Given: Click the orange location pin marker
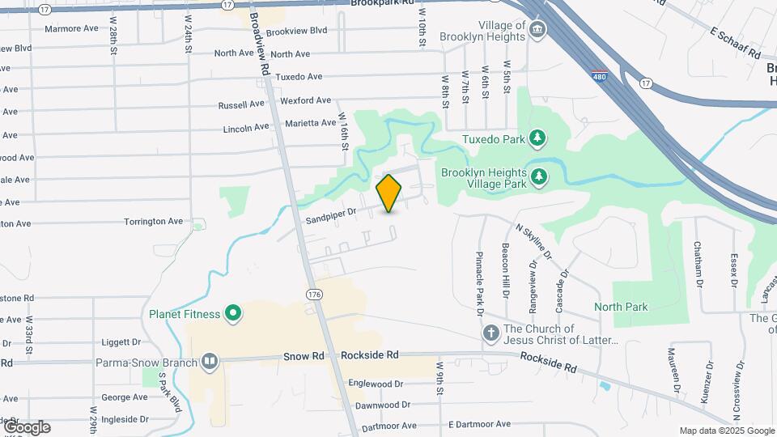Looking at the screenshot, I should (389, 193).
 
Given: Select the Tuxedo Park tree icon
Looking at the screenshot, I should (536, 138).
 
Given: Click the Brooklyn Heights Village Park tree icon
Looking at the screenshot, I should (537, 175).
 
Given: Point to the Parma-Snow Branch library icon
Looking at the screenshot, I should (210, 362).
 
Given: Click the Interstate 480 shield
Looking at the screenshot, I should (598, 73).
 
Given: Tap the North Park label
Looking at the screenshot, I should (621, 307).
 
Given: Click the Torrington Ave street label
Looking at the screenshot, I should (154, 221).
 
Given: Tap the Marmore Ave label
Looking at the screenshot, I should (71, 28).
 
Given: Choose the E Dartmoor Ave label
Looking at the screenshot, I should (479, 424).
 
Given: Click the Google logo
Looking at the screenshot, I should (27, 427).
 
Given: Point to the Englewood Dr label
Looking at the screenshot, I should (375, 384).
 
